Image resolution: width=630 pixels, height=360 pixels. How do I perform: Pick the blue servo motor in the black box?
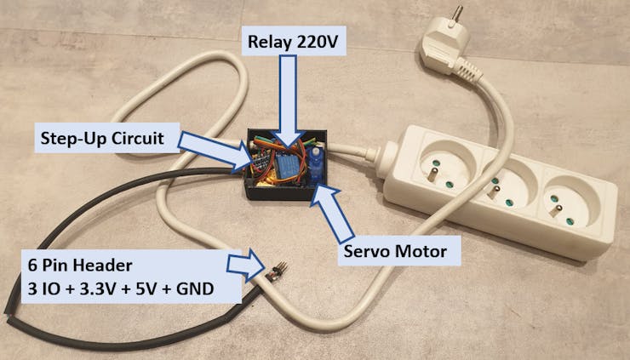point(317,164)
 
